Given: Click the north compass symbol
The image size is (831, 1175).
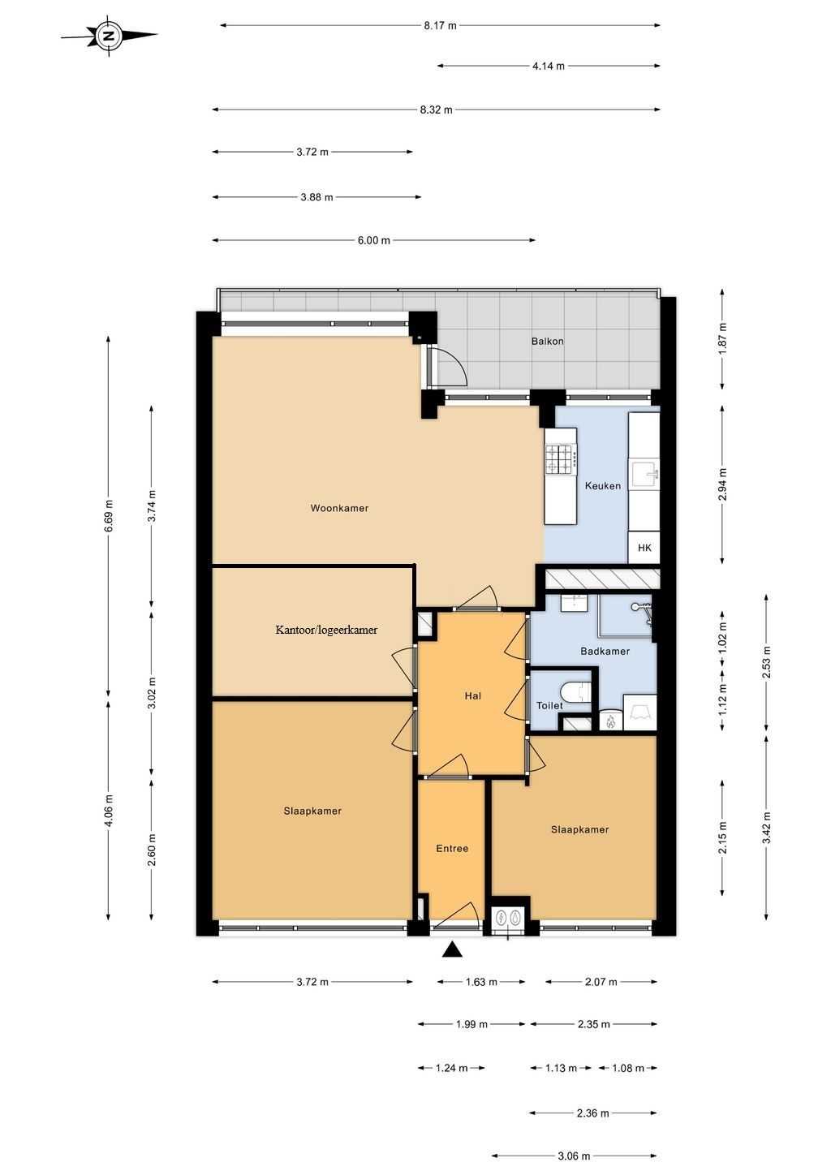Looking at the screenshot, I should pyautogui.click(x=109, y=36).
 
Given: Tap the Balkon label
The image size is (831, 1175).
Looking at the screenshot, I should pyautogui.click(x=547, y=342).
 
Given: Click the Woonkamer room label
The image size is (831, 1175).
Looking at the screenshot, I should pyautogui.click(x=339, y=509).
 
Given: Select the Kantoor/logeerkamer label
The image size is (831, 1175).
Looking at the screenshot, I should pyautogui.click(x=326, y=630).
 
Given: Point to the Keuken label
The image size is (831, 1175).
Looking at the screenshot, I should pyautogui.click(x=602, y=486).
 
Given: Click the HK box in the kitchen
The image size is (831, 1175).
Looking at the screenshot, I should pyautogui.click(x=644, y=549).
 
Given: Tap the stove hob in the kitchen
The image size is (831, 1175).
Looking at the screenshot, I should pyautogui.click(x=560, y=459).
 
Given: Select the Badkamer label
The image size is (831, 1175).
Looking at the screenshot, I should pyautogui.click(x=605, y=652).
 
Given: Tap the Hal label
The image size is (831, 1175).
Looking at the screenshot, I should pyautogui.click(x=473, y=696).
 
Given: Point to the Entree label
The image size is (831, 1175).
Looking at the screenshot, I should pyautogui.click(x=452, y=849).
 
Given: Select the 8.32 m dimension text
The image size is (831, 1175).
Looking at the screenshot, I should pyautogui.click(x=436, y=110).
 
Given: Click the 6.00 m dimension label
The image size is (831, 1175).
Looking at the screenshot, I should pyautogui.click(x=373, y=240).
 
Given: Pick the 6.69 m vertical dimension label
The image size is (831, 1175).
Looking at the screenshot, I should pyautogui.click(x=109, y=516).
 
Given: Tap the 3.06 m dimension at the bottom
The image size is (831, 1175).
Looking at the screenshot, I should pyautogui.click(x=574, y=1156).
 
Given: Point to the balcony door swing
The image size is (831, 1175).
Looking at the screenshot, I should pyautogui.click(x=449, y=367).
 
